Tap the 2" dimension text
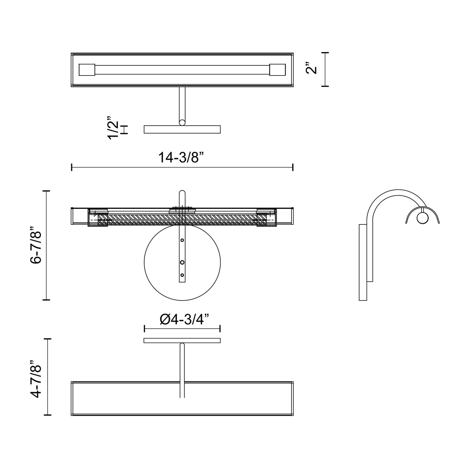tap(311, 69)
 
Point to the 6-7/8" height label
tap(36, 245)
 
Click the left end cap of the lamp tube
tap(87, 70)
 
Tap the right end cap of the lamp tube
tap(277, 70)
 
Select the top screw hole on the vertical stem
tap(182, 240)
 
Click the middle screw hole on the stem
tap(182, 262)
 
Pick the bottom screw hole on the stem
tap(182, 275)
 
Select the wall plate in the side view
tap(363, 262)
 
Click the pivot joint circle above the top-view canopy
tap(182, 122)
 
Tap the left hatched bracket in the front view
tap(98, 217)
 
